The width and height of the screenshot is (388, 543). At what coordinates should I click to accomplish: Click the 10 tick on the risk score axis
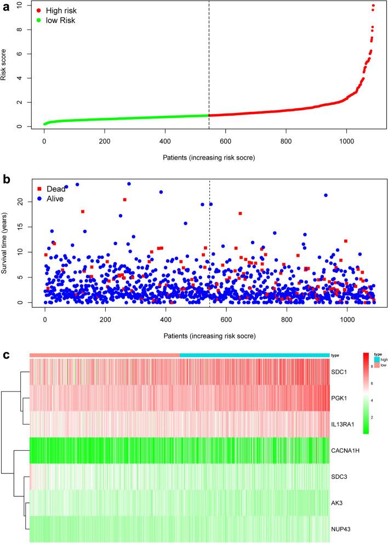pyautogui.click(x=20, y=5)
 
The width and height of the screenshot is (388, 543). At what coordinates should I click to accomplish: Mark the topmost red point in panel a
pyautogui.click(x=373, y=5)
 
